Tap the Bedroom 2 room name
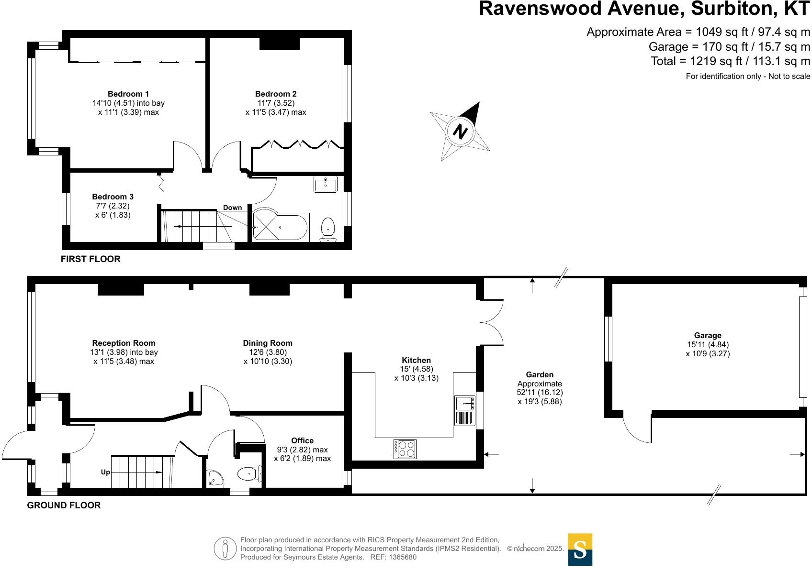275,94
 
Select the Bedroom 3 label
113,197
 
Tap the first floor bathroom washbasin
326,184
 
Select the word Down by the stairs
232,208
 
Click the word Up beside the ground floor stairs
105,472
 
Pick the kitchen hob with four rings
405,449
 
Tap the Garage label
708,335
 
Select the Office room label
302,440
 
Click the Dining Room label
267,343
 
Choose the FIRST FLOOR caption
90,259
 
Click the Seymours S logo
580,549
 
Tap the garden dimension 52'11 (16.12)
540,392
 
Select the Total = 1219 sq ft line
730,61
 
